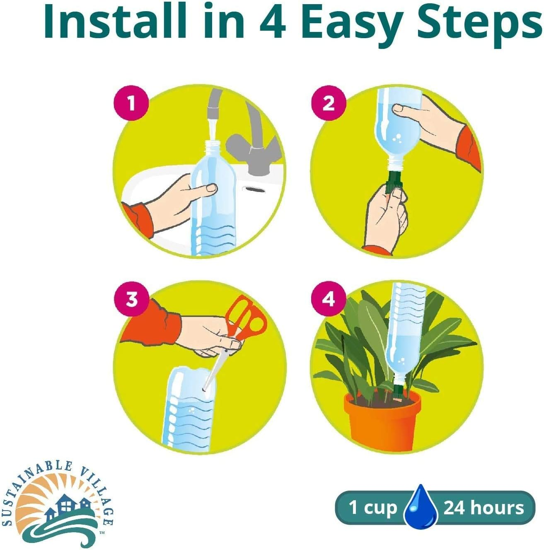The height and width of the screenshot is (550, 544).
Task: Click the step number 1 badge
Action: click(x=131, y=103)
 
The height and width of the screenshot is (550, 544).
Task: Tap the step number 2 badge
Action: click(x=329, y=103)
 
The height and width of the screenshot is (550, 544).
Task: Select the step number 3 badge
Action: click(x=131, y=299)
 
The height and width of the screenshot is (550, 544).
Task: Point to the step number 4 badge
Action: click(x=329, y=299)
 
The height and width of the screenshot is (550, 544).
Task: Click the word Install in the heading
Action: click(x=114, y=22)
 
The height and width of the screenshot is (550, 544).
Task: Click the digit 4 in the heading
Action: click(x=273, y=22)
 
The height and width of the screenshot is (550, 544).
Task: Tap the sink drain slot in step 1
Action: click(x=254, y=189)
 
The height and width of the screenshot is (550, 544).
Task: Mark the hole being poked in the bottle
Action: click(x=204, y=389)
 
